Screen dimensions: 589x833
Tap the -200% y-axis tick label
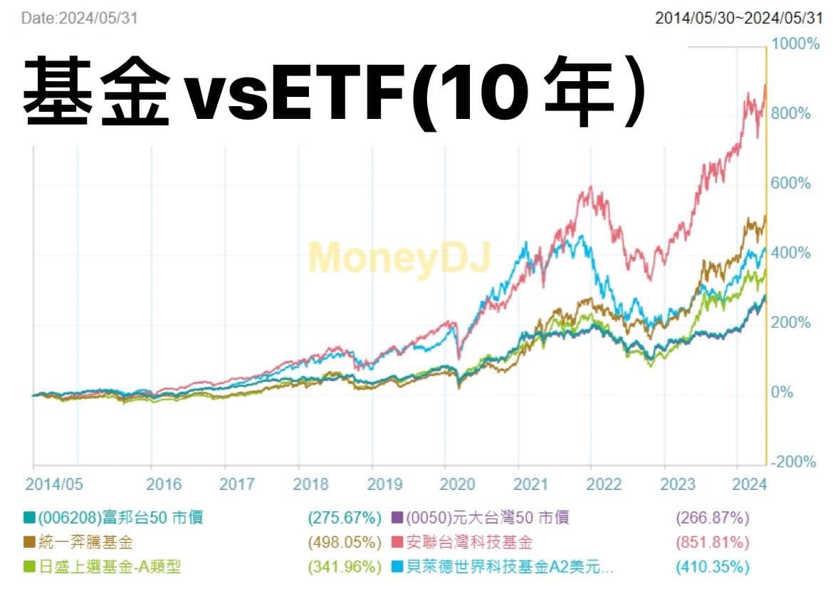(x=793, y=462)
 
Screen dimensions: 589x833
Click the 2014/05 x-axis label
(x=53, y=484)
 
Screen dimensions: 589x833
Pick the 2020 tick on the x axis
(x=458, y=484)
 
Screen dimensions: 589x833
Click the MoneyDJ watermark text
(x=399, y=257)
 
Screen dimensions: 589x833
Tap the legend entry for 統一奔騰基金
(x=86, y=543)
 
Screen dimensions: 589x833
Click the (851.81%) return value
(x=713, y=543)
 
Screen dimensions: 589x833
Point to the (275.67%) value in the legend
(x=343, y=518)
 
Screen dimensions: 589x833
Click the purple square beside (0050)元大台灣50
(x=398, y=518)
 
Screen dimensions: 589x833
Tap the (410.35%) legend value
(x=713, y=568)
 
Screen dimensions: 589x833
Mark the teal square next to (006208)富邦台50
(x=29, y=518)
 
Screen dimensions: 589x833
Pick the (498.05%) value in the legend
(x=343, y=543)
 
